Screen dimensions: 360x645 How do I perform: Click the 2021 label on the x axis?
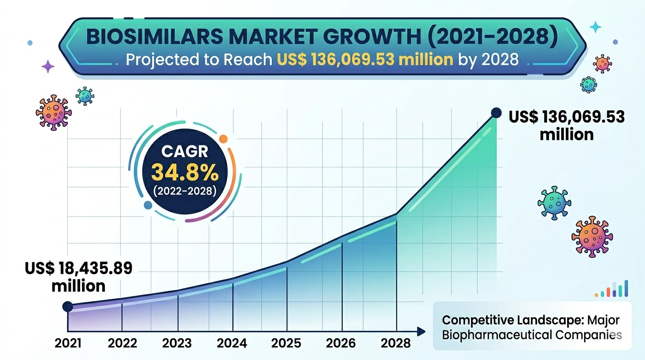(x=68, y=343)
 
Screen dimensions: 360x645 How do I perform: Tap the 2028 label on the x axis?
(x=396, y=343)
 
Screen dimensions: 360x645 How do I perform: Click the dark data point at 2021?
(x=67, y=307)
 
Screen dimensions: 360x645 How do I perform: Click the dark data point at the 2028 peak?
(x=495, y=112)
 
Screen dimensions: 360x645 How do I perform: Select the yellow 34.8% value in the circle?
(x=185, y=173)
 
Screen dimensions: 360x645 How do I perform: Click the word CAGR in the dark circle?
(x=185, y=152)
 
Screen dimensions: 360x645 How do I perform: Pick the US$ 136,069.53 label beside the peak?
(x=567, y=117)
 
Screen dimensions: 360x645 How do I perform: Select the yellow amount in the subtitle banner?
(x=364, y=60)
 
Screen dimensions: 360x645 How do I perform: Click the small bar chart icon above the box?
(x=612, y=289)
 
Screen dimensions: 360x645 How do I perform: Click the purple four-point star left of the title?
(x=48, y=67)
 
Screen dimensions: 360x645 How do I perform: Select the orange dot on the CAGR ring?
(x=223, y=139)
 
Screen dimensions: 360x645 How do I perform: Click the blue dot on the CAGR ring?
(x=148, y=205)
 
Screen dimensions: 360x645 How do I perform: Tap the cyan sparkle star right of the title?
(x=595, y=27)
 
